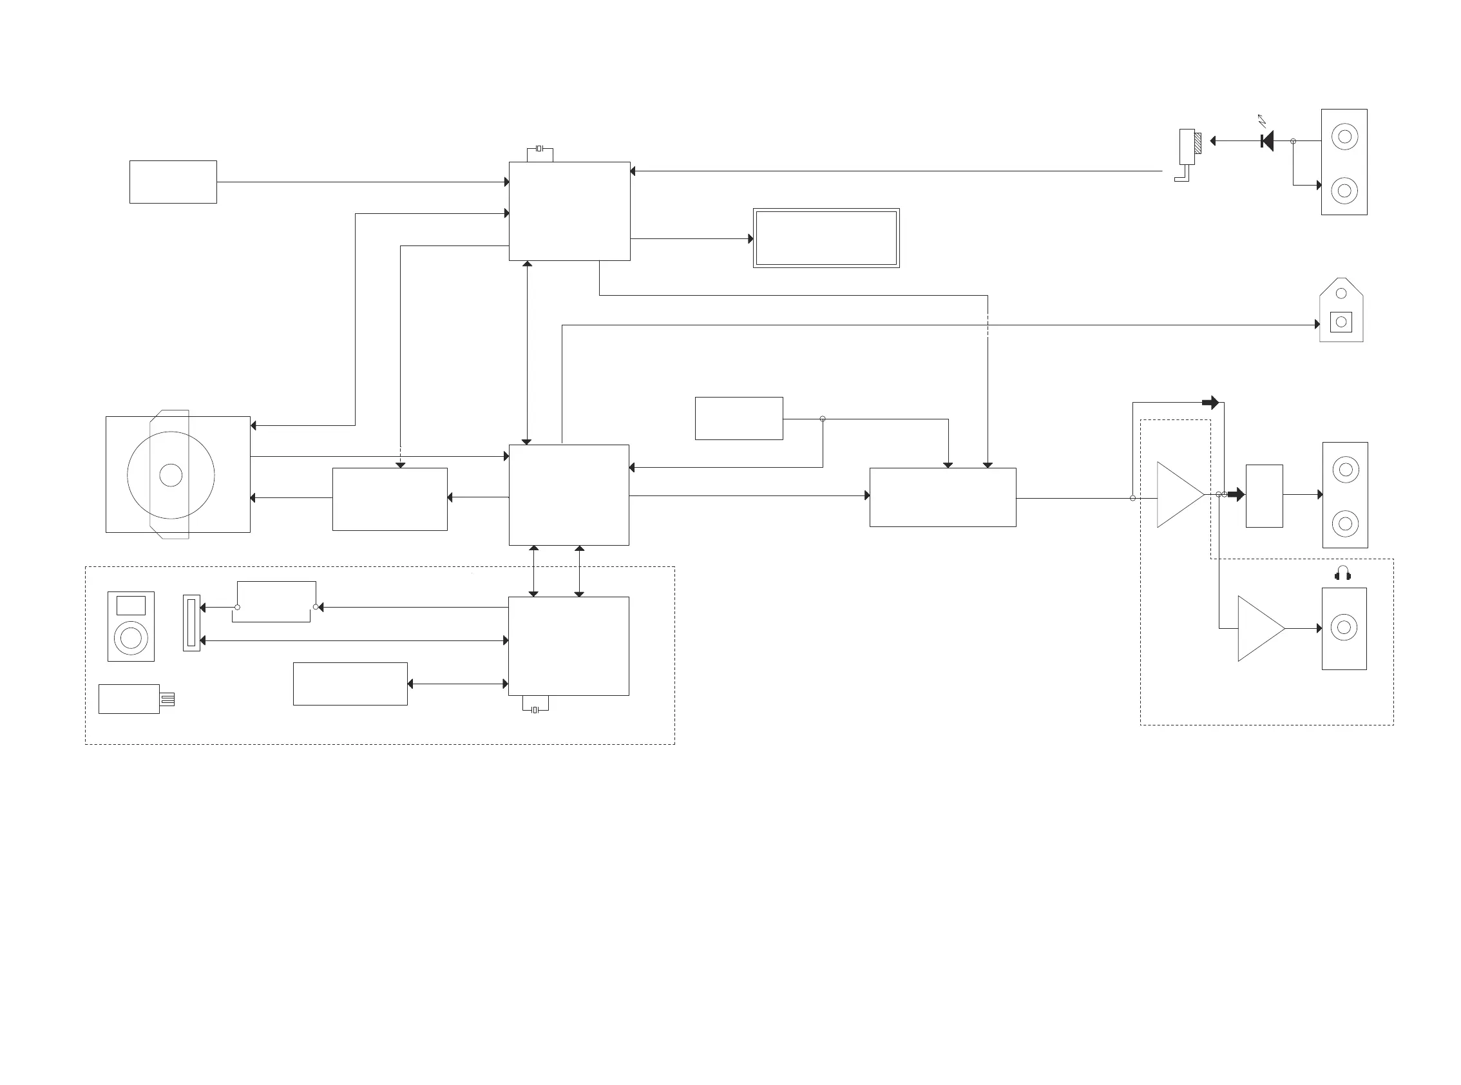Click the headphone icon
pyautogui.click(x=1342, y=573)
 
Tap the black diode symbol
pyautogui.click(x=1267, y=140)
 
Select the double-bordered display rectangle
pyautogui.click(x=826, y=238)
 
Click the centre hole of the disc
pyautogui.click(x=171, y=475)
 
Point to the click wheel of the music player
pyautogui.click(x=131, y=638)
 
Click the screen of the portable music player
pyautogui.click(x=131, y=605)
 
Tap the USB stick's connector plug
pyautogui.click(x=167, y=699)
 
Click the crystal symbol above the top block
pyautogui.click(x=539, y=149)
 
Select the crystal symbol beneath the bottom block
pyautogui.click(x=535, y=709)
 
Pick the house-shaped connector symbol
pyautogui.click(x=1341, y=311)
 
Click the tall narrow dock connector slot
pyautogui.click(x=191, y=622)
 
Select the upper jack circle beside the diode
pyautogui.click(x=1344, y=137)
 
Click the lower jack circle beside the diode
pyautogui.click(x=1344, y=191)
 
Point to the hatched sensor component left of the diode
pyautogui.click(x=1197, y=143)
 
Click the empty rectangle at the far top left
pyautogui.click(x=173, y=182)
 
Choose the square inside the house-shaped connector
pyautogui.click(x=1341, y=322)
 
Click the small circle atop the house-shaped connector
pyautogui.click(x=1341, y=293)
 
